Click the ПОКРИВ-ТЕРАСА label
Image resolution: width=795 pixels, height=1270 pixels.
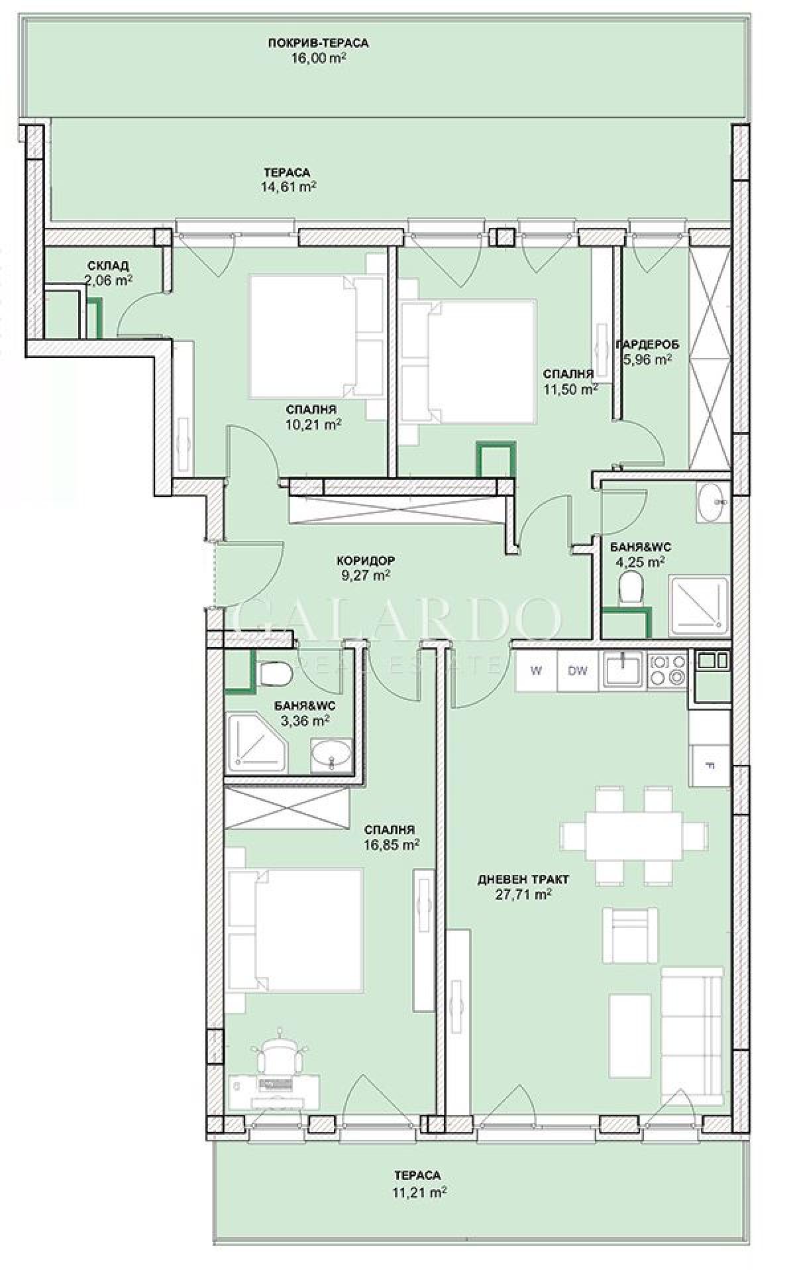click(x=318, y=43)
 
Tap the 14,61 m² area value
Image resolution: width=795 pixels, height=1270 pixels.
click(x=288, y=187)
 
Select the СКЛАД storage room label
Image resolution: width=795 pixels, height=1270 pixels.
click(x=108, y=266)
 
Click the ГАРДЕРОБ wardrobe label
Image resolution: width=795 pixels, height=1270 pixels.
click(x=647, y=345)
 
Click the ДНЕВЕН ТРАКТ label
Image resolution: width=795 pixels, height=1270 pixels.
click(x=523, y=880)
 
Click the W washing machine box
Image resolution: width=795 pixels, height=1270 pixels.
click(x=537, y=670)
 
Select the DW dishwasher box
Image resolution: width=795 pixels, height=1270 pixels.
click(x=578, y=670)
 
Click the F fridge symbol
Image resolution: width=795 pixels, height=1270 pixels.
click(x=710, y=766)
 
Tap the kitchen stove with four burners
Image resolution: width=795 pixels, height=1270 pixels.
click(x=667, y=669)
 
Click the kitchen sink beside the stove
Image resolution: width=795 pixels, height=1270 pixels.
click(x=623, y=669)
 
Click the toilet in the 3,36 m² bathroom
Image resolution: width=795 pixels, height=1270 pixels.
click(x=275, y=675)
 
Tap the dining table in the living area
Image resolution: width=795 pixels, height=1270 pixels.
click(x=635, y=835)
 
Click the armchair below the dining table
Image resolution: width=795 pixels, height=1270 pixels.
click(x=631, y=935)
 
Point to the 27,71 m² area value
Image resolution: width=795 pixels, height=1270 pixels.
click(x=523, y=894)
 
